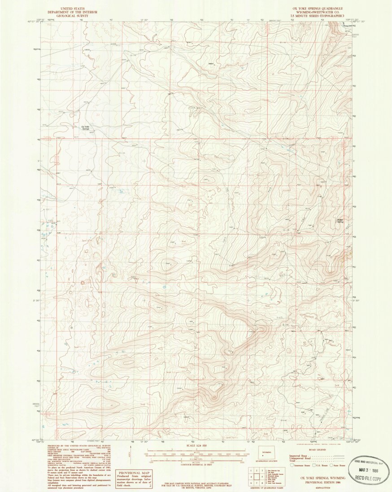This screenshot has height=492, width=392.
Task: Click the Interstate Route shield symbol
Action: tap(293, 466)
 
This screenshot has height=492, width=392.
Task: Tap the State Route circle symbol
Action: tap(331, 466)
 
